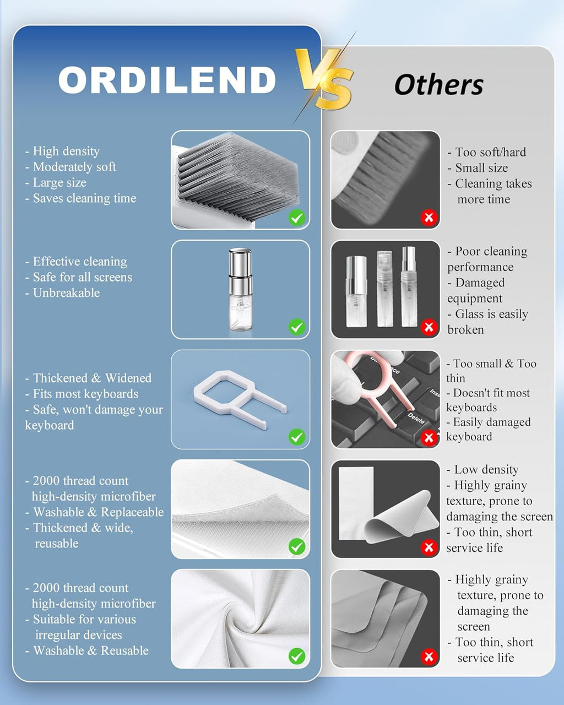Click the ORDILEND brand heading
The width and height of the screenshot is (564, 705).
167,80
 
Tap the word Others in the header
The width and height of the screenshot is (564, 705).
438,85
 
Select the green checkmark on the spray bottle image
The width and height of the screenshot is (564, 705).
297,327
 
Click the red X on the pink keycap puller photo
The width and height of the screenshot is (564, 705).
429,437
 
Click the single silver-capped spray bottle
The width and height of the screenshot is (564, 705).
241,289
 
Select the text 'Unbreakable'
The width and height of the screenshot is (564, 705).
66,293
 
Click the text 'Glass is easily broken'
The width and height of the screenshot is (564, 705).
487,322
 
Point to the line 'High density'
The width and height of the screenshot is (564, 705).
66,151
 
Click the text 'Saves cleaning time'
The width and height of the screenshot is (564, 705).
84,198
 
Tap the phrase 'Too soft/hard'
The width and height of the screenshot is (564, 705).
490,153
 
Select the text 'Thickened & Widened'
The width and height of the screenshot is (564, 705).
92,378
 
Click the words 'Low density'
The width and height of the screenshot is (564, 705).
486,470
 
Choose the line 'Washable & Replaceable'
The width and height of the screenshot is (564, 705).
98,512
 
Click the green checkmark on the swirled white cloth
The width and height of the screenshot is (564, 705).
297,657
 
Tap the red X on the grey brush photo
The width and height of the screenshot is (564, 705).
429,218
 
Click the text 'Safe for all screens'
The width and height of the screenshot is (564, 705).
82,278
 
